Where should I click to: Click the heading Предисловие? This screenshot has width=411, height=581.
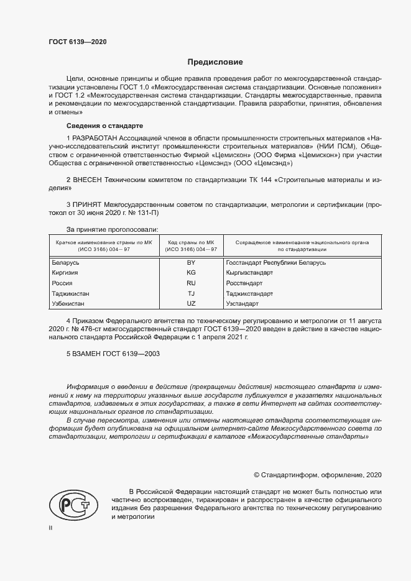(215, 62)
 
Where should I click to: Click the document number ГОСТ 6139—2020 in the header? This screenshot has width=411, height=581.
(77, 42)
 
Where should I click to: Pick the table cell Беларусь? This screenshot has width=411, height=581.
(65, 263)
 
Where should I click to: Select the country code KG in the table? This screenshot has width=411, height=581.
(191, 273)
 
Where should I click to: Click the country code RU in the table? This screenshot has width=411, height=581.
(191, 283)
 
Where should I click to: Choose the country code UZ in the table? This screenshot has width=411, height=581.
(191, 303)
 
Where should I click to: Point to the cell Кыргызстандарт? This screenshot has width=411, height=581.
(249, 273)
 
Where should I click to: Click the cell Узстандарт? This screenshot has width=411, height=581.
(242, 303)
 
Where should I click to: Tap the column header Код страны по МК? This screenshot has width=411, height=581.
(191, 242)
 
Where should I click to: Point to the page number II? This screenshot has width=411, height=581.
(50, 528)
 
